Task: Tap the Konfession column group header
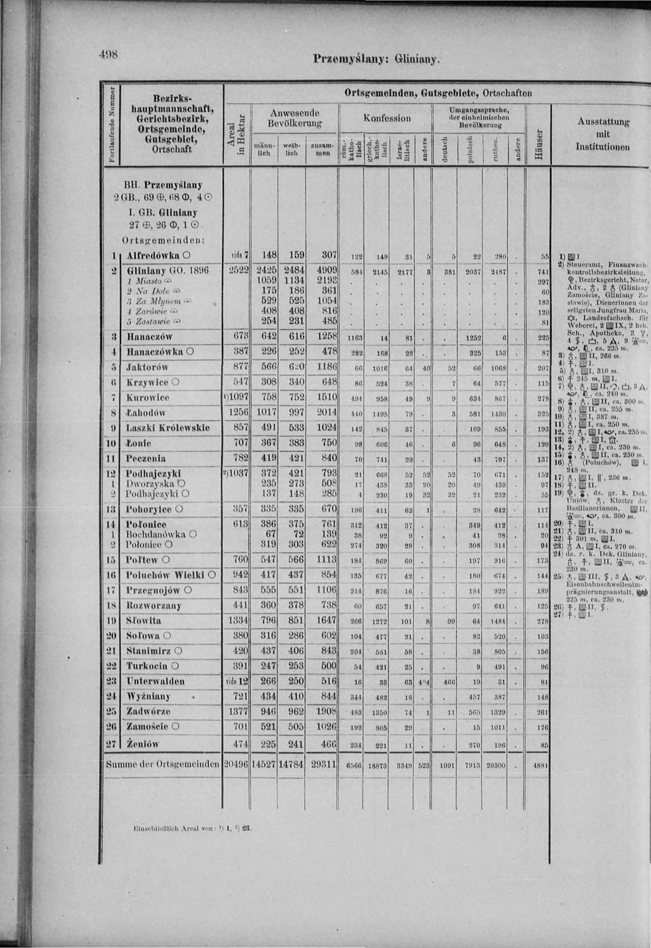point(387,118)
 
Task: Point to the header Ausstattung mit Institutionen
point(602,134)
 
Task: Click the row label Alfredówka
point(153,255)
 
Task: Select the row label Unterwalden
point(156,681)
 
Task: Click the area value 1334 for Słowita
point(238,620)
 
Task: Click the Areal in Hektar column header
point(238,134)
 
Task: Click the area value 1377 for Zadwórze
point(238,712)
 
